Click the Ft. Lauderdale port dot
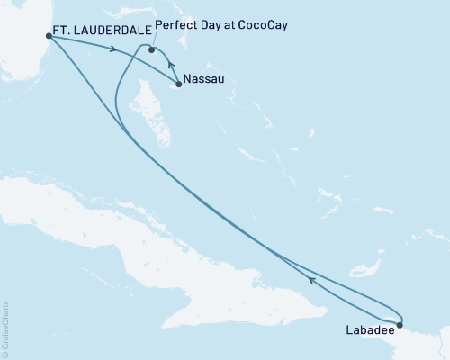click(x=49, y=37)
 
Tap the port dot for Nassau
click(x=179, y=85)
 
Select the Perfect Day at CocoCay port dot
click(x=152, y=50)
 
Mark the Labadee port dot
click(x=400, y=325)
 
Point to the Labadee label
click(x=368, y=330)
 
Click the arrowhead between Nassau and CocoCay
click(x=171, y=66)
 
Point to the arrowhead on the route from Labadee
click(x=310, y=280)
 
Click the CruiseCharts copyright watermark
click(x=5, y=328)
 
